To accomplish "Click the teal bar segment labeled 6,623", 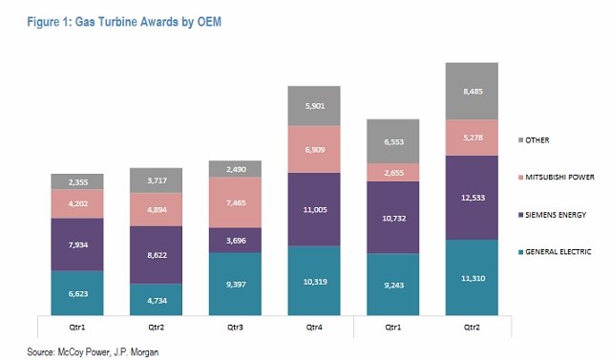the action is point(77,292).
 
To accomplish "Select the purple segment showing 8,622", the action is point(156,255).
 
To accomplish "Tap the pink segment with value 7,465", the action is point(235,202).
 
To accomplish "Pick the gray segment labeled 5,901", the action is point(314,106).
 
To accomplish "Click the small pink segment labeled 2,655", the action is point(392,172).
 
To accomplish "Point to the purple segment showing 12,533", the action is point(472,198).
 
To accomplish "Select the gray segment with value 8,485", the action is point(472,91).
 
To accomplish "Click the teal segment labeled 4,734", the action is point(156,300).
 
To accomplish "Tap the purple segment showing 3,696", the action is point(235,241).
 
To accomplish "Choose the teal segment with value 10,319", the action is point(314,281).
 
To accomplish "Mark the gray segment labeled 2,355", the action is point(77,182).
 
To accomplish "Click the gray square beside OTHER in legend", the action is point(520,140).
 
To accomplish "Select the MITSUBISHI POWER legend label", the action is point(560,178).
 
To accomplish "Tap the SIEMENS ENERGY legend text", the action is point(556,215).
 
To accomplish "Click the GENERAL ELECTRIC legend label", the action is point(558,252).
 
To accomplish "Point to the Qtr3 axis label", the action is point(235,328).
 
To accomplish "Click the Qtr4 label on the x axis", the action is point(314,328).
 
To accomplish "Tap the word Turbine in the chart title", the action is point(117,22).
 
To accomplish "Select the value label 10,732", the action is point(394,218).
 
